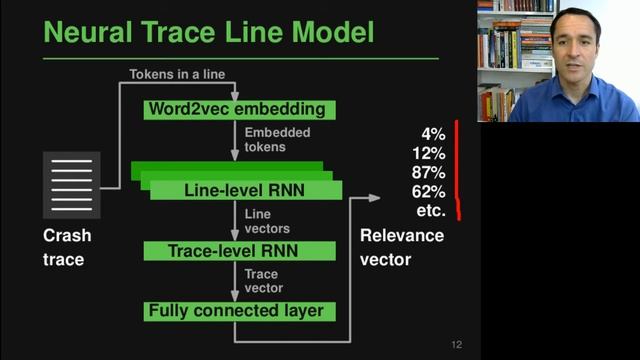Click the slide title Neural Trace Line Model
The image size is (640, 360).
208,32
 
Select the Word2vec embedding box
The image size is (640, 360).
235,108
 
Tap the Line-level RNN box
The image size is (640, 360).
245,189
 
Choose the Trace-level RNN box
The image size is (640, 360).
235,250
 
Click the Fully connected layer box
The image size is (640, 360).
235,311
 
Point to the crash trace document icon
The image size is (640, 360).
72,185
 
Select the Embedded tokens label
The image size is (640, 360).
277,139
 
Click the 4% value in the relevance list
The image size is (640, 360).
433,134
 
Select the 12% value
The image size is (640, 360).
428,153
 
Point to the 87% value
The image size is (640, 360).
428,172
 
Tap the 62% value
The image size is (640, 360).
428,192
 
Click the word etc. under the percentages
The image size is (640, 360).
430,211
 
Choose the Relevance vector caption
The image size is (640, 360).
402,247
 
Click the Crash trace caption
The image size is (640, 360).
67,247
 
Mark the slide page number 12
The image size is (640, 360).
456,345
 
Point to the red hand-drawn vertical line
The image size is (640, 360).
458,168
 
